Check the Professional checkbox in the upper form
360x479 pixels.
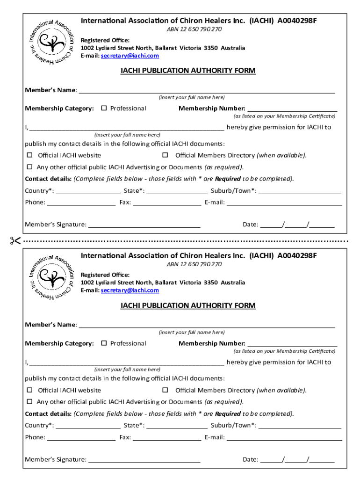[x=104, y=108]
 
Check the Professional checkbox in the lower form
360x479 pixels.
[x=104, y=343]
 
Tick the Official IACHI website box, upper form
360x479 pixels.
[x=29, y=155]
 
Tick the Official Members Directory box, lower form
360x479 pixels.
[x=165, y=390]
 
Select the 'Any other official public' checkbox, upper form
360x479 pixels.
[x=29, y=167]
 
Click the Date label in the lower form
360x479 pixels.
[x=250, y=459]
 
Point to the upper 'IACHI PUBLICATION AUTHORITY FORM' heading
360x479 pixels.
[x=188, y=71]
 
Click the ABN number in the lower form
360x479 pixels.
[x=194, y=264]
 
